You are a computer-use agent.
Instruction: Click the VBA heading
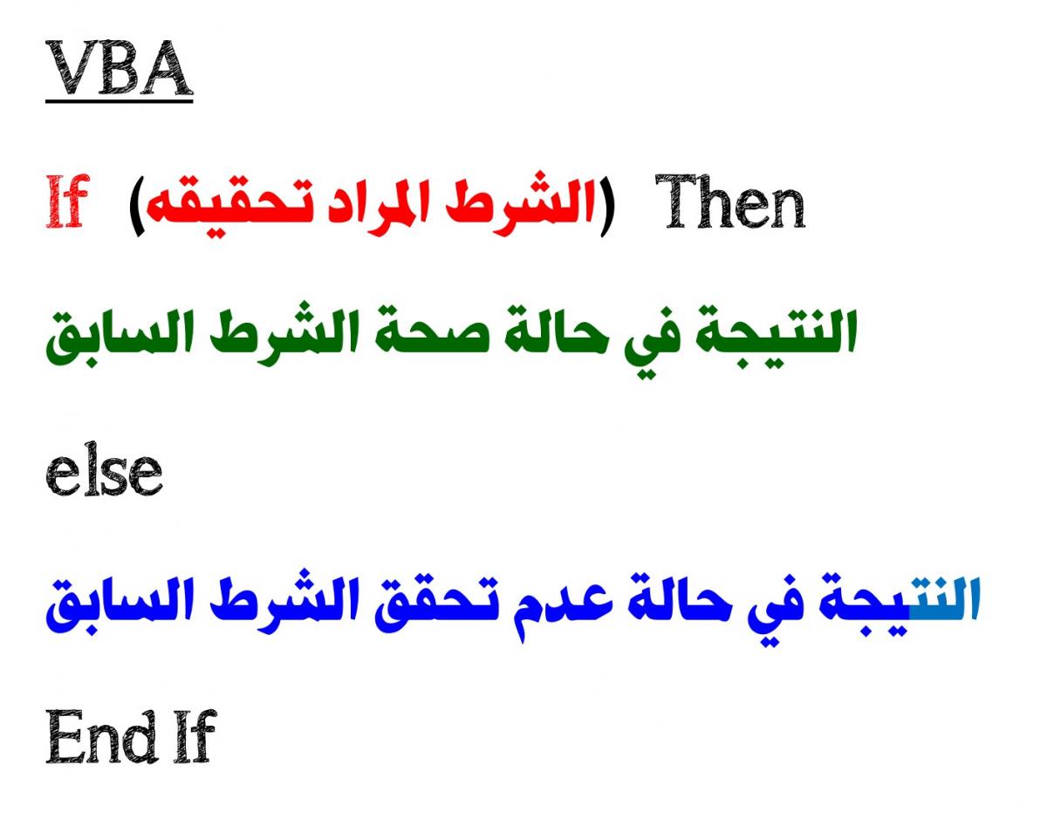tap(120, 68)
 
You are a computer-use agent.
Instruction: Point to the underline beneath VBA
tap(120, 101)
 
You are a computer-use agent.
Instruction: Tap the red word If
tap(68, 201)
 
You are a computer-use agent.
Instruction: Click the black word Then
tap(730, 201)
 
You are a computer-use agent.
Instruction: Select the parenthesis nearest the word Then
tap(607, 208)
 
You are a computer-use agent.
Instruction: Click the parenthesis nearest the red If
tap(137, 208)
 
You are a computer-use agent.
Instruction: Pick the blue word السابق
tap(120, 604)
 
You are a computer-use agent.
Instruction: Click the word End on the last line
tap(100, 736)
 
